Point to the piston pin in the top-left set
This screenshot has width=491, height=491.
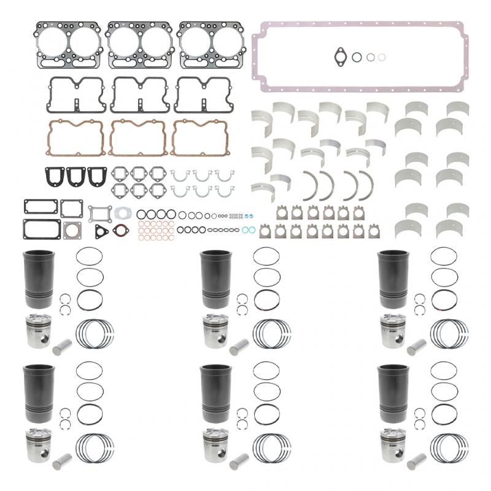coord(62,347)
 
